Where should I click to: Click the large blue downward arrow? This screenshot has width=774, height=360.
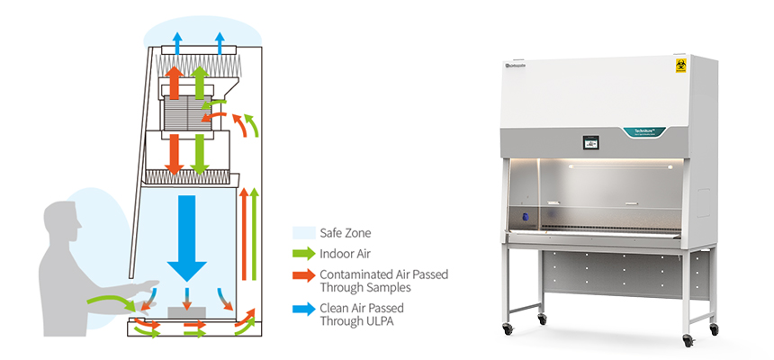[187, 229]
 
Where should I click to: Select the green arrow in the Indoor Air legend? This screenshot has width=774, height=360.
[304, 253]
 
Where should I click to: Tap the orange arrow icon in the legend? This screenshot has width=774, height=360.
[304, 274]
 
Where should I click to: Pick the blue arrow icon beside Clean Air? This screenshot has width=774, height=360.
[304, 310]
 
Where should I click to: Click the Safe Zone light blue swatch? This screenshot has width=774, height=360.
[304, 233]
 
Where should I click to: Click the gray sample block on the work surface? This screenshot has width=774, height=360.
[186, 311]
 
